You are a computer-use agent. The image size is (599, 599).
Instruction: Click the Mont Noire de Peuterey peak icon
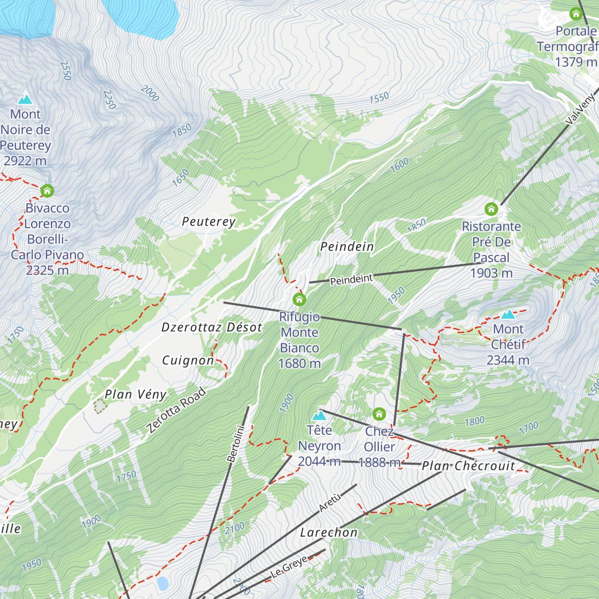point(25,99)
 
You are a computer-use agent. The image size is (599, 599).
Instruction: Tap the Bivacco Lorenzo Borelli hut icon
point(47,191)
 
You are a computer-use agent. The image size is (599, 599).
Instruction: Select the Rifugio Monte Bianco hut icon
point(299,299)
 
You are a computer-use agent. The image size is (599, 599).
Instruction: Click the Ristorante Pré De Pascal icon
point(491,209)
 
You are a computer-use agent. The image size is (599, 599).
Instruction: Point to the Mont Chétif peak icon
point(508,314)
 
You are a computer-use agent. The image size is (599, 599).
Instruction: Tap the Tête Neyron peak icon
point(319,415)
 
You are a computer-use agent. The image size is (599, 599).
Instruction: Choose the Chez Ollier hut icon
point(379,414)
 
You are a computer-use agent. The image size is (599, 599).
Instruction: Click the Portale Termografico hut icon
point(576,14)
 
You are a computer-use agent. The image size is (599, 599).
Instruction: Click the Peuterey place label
point(209,222)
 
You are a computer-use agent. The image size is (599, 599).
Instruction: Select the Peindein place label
point(347,247)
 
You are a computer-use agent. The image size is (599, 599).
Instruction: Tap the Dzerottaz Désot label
point(212,327)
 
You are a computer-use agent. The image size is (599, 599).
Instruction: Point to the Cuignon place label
point(188,360)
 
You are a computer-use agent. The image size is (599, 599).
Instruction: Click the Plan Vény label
point(135,394)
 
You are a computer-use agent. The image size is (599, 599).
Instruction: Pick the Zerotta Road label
point(176,410)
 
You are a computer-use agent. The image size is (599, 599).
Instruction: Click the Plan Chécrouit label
point(468,466)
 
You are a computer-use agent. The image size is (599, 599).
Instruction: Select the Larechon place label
point(328,533)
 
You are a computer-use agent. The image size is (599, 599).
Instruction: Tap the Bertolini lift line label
point(236,443)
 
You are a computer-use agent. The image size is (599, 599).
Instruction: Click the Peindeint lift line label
point(351,280)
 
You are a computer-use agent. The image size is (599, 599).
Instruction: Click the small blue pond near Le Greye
point(163,583)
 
